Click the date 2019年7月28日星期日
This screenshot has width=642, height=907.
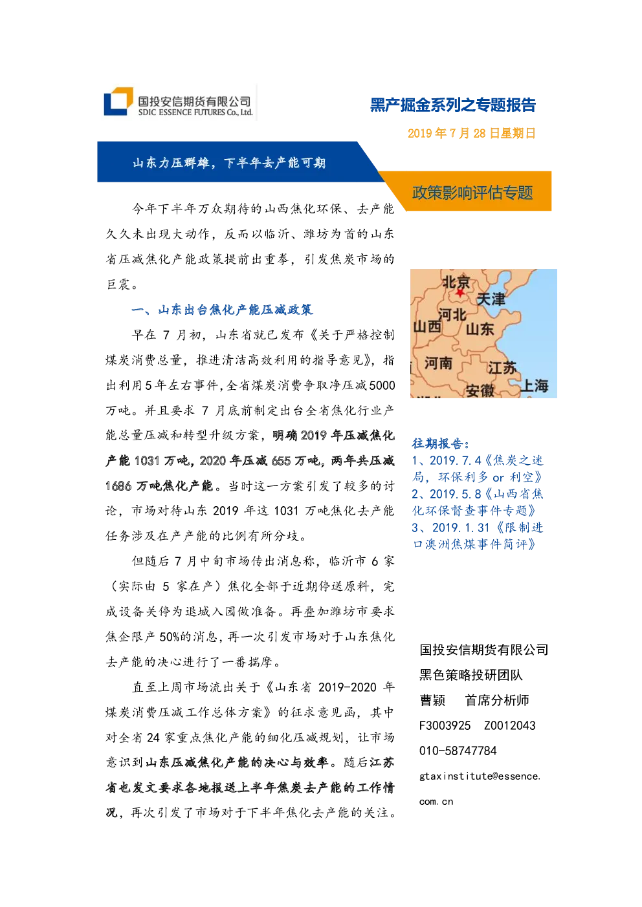click(x=471, y=133)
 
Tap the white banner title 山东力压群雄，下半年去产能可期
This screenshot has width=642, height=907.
click(x=229, y=163)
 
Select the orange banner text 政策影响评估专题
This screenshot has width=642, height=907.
click(x=472, y=193)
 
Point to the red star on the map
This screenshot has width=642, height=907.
click(x=459, y=292)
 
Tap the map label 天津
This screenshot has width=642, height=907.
click(x=491, y=299)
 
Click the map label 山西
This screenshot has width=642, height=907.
click(x=427, y=326)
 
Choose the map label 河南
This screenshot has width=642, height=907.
click(x=438, y=363)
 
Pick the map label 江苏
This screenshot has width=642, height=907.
click(x=502, y=368)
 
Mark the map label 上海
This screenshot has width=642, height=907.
click(x=534, y=385)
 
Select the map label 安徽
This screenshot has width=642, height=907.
click(x=480, y=390)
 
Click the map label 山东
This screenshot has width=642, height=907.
click(x=480, y=329)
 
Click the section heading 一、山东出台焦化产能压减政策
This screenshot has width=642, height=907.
click(x=222, y=310)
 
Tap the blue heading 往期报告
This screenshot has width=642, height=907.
click(x=441, y=443)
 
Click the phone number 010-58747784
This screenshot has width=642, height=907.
click(x=458, y=751)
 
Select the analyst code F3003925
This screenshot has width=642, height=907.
click(x=445, y=725)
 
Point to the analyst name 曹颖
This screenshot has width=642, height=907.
click(x=432, y=700)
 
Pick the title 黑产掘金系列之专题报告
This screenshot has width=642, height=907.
click(x=453, y=105)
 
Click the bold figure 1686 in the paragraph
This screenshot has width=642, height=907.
click(x=118, y=486)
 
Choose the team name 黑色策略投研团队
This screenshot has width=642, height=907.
click(x=471, y=675)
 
